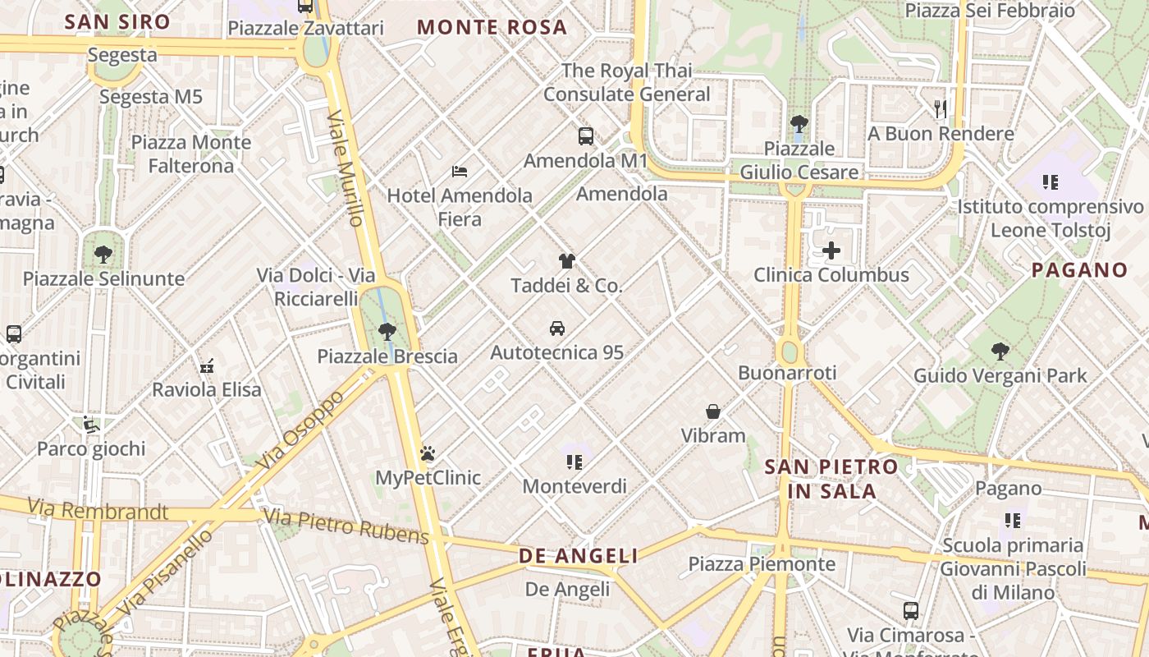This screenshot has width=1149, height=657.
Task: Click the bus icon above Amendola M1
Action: pos(585,136)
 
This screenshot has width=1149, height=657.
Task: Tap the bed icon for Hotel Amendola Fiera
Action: pos(460,172)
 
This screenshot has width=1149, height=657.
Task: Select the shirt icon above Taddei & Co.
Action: pos(566,261)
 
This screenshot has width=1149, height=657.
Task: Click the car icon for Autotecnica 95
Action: pos(557,328)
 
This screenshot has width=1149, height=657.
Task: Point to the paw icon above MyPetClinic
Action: pos(427,453)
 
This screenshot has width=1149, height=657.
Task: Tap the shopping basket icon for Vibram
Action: pos(713,411)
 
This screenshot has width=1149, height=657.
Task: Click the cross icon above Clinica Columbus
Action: pos(831,250)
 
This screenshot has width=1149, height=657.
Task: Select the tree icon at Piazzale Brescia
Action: pos(387,332)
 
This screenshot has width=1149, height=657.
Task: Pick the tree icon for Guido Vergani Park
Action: pos(1000,351)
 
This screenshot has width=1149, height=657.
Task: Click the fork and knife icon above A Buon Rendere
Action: pos(941,108)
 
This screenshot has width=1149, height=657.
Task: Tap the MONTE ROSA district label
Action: pos(492,27)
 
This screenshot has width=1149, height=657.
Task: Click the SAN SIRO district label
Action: pos(117,22)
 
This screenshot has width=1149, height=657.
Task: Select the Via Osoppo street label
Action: pos(300,430)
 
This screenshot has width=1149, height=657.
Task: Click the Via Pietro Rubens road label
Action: pos(346,526)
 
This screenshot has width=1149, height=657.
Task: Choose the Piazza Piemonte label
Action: pos(762,564)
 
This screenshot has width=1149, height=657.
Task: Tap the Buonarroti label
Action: pos(787,373)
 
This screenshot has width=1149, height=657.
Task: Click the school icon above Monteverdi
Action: pos(574,462)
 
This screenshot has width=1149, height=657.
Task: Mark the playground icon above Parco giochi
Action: pos(91,425)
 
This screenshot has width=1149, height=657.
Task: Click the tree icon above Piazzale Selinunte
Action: pos(103,255)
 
